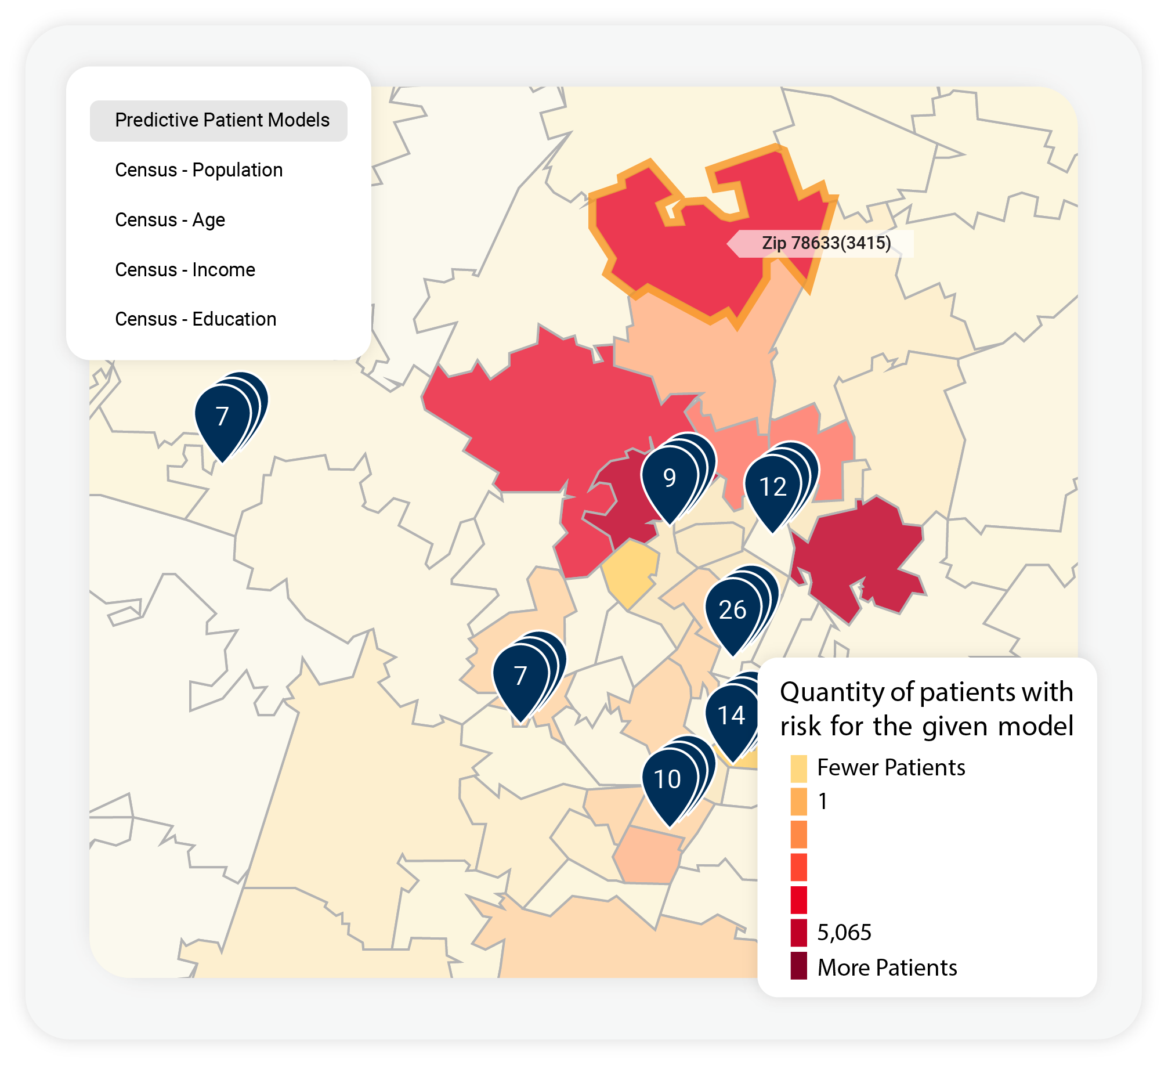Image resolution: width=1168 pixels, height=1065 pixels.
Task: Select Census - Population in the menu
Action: point(198,170)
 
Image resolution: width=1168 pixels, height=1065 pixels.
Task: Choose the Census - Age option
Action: point(169,220)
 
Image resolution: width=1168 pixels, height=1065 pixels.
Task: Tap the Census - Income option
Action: point(185,270)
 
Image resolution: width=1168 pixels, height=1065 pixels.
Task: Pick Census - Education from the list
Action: point(196,319)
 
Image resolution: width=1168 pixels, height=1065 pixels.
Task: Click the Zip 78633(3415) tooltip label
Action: point(826,243)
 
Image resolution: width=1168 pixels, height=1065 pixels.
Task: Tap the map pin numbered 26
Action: point(732,610)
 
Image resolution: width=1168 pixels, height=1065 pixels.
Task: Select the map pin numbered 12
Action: point(772,487)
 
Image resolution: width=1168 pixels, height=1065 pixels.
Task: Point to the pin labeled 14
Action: point(731,716)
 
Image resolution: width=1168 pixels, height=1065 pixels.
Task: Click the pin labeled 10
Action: point(667,779)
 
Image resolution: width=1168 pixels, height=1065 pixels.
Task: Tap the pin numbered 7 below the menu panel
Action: point(222,417)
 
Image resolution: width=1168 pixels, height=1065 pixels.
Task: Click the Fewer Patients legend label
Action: point(891,768)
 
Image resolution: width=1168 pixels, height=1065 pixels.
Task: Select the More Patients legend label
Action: point(887,968)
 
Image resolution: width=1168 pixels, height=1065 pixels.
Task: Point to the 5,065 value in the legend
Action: point(844,933)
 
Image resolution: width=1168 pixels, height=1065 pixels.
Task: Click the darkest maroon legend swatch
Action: point(798,966)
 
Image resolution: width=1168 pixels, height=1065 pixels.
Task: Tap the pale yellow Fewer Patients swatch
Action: point(798,768)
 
